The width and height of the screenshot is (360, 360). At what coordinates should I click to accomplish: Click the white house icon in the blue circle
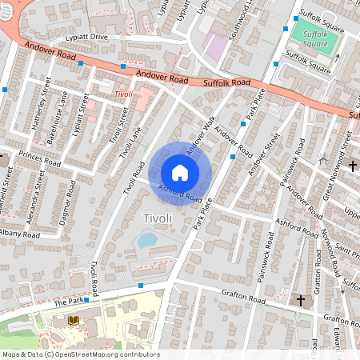[180, 172]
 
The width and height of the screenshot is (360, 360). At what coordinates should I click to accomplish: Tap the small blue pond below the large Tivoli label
[148, 239]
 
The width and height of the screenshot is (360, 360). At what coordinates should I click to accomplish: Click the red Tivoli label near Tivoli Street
[122, 94]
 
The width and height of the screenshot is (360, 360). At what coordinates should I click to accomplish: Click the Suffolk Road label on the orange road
[227, 82]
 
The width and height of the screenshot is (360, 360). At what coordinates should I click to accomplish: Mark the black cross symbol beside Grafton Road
[302, 300]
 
